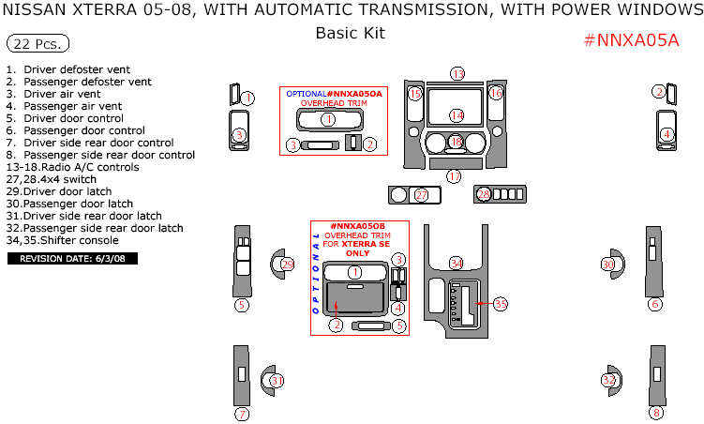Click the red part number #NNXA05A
[631, 40]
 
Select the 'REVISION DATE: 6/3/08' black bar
[72, 258]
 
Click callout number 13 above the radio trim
[457, 74]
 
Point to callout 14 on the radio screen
[457, 115]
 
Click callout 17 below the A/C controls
[454, 175]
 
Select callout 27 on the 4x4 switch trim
[422, 194]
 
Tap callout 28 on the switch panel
[484, 194]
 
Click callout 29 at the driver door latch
[287, 265]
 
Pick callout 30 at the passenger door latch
[607, 265]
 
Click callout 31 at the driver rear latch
[277, 380]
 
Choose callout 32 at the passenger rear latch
[609, 380]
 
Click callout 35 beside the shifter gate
[501, 304]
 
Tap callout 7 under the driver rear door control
[242, 414]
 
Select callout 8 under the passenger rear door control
[656, 413]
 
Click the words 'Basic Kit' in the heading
[350, 33]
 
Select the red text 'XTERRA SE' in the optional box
[367, 243]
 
